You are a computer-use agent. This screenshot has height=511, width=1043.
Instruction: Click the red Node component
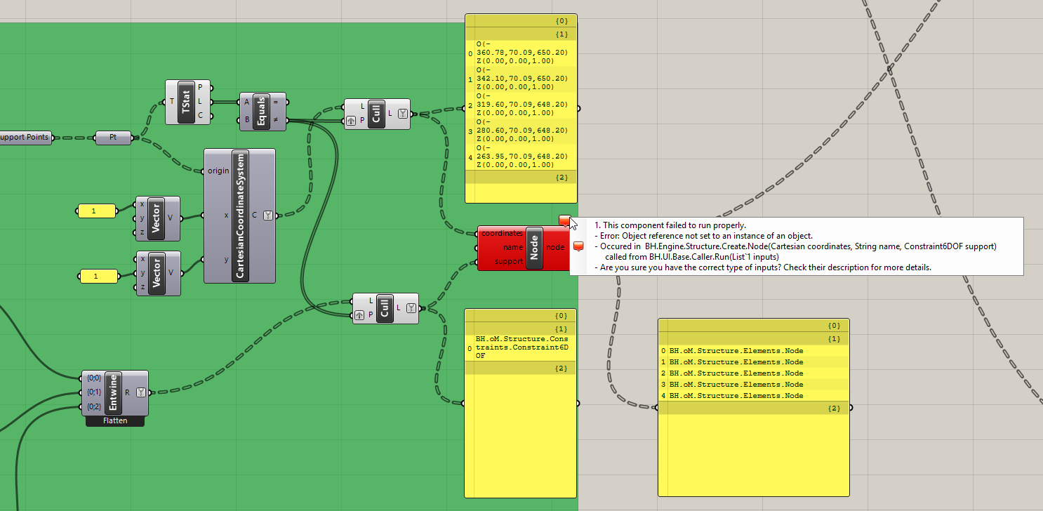click(534, 247)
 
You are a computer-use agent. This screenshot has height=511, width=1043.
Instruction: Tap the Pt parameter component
click(113, 138)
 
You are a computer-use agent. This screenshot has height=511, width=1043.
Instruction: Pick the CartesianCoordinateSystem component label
click(240, 216)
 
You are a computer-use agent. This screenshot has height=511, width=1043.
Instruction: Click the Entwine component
click(114, 392)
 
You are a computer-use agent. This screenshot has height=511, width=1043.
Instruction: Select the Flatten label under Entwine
click(114, 421)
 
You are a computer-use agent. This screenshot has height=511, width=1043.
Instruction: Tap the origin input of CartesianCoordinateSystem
click(218, 171)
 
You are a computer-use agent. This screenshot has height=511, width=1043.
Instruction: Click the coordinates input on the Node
click(502, 233)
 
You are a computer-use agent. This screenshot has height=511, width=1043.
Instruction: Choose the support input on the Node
click(509, 261)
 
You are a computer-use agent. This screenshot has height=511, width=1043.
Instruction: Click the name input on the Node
click(513, 247)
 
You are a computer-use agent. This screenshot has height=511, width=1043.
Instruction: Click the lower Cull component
click(385, 308)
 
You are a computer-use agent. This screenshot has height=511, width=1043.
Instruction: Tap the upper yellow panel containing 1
click(96, 211)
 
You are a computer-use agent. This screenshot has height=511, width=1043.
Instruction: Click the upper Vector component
click(157, 219)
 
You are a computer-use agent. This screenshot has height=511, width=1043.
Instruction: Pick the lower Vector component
click(157, 273)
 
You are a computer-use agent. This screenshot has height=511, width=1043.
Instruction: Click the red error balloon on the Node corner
click(565, 220)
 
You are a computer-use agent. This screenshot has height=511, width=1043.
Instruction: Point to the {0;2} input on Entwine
click(94, 407)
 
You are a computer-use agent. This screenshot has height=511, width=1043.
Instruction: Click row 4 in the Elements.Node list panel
click(736, 396)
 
